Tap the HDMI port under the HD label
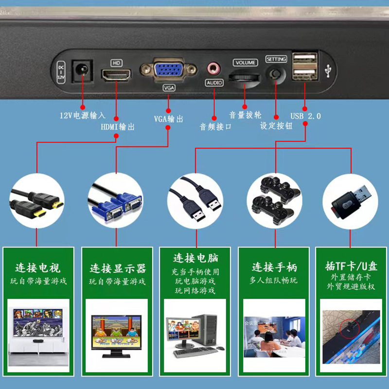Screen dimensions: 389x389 (116, 75)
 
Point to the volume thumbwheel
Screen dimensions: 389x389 (244, 77)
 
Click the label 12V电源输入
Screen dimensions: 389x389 (82, 116)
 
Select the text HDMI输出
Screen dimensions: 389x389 (117, 127)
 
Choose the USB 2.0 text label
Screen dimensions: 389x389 (305, 116)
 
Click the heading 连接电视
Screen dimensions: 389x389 (38, 268)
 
